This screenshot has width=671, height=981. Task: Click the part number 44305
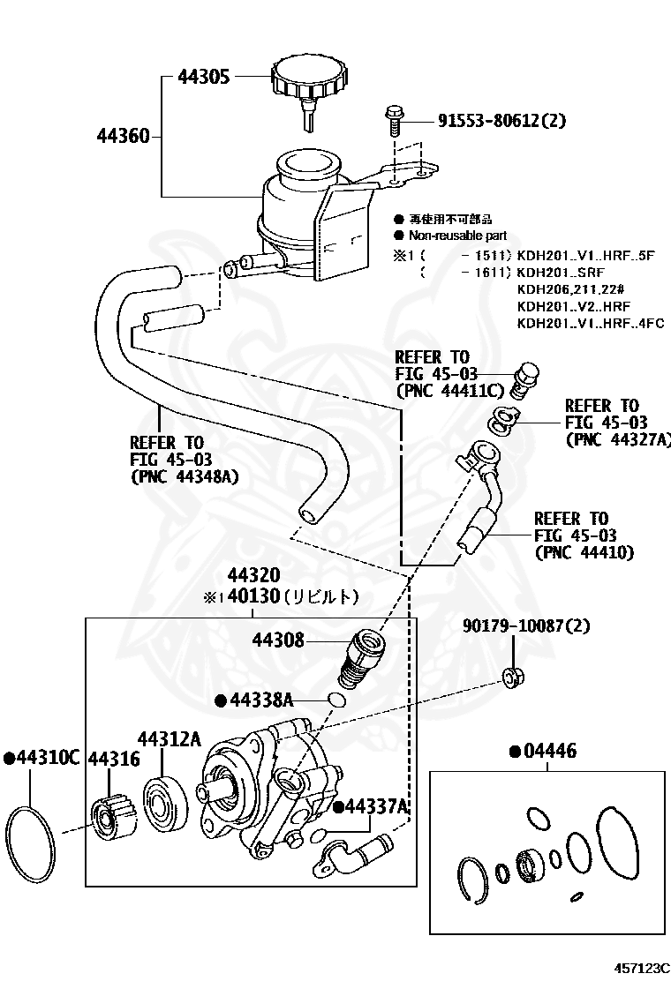point(203,77)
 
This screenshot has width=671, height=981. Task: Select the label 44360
point(123,136)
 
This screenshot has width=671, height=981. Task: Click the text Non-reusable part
point(456,236)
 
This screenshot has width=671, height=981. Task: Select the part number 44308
point(278,640)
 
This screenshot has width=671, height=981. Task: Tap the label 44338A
point(260,700)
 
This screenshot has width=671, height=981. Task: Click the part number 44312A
point(169,739)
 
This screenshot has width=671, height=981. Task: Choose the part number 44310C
point(43,758)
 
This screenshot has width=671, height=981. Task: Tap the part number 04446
point(548,752)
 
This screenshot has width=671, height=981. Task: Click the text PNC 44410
point(584,552)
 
